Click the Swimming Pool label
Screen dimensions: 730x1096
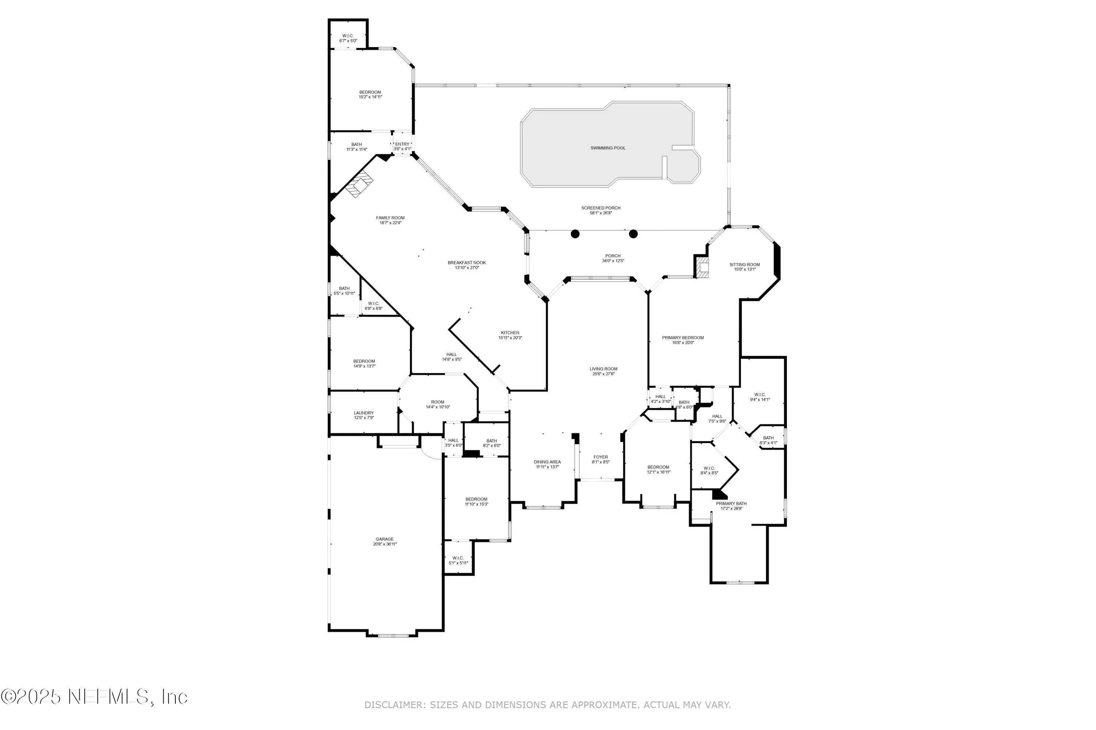tap(608, 148)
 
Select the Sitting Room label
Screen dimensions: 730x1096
tap(744, 264)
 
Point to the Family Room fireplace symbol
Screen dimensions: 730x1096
tap(360, 184)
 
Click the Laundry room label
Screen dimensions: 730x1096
tap(364, 413)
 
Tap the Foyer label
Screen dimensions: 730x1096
tap(600, 457)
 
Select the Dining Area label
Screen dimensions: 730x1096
tap(547, 462)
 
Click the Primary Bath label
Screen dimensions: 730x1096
tap(731, 503)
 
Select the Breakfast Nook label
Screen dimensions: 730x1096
tap(467, 262)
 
